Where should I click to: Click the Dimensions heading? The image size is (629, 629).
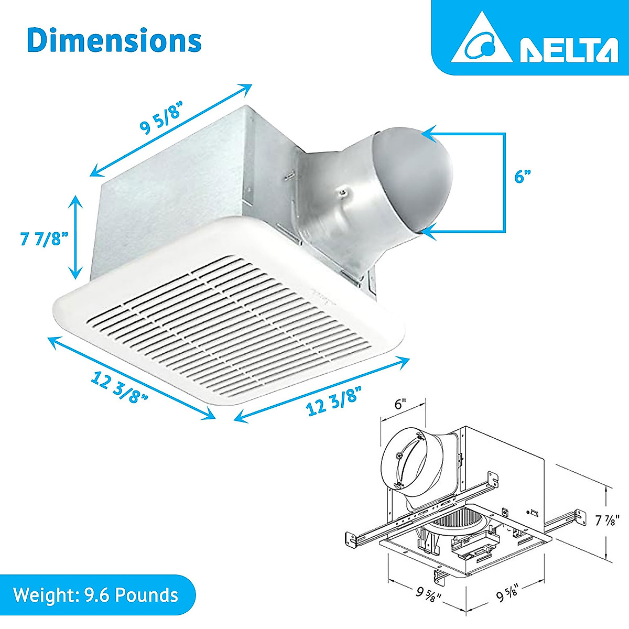[x=114, y=40]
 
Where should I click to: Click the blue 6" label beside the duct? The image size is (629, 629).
[x=519, y=177]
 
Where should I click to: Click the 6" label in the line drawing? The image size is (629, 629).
[x=400, y=404]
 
